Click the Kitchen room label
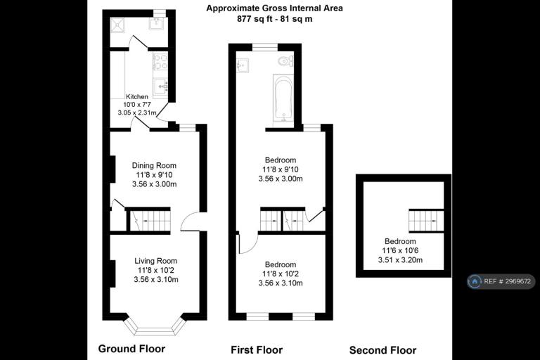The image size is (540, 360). click(x=136, y=97)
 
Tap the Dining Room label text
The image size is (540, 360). click(x=154, y=166)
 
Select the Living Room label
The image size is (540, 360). click(x=155, y=261)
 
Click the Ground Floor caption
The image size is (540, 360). click(x=131, y=349)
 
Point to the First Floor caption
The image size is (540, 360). click(x=257, y=350)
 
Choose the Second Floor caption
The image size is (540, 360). click(x=382, y=350)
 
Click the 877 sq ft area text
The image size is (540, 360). click(x=254, y=19)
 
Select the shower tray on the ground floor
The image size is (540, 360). click(x=117, y=25)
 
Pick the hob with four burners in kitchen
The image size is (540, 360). click(x=160, y=61)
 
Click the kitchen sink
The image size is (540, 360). click(x=160, y=86)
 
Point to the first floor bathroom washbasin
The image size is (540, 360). click(x=243, y=65)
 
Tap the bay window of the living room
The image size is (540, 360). click(x=155, y=327)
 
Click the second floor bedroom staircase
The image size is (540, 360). click(x=426, y=221)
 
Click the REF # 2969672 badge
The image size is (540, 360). click(x=501, y=281)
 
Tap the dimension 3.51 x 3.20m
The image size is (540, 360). click(x=400, y=260)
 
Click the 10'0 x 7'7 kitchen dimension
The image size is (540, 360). click(x=136, y=105)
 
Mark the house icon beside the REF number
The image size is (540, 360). click(x=475, y=281)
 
